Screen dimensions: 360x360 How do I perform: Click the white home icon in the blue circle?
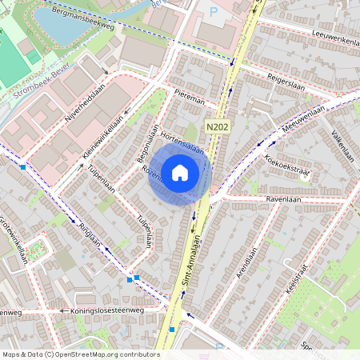point(180,172)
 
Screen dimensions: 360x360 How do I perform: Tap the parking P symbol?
point(213,11)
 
